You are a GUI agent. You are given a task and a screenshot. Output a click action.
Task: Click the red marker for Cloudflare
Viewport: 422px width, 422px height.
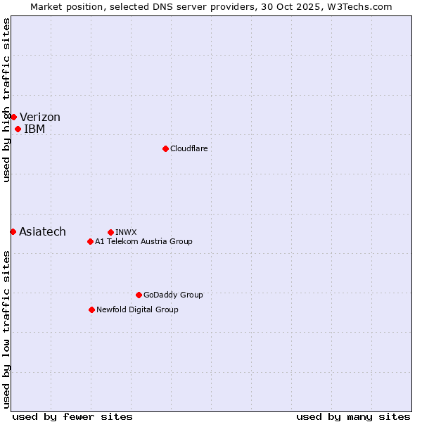coord(165,148)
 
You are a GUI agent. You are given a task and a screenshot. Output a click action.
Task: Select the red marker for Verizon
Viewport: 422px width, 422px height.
coord(13,117)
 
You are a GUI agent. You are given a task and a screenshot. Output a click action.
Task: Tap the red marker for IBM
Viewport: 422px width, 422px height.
coord(18,129)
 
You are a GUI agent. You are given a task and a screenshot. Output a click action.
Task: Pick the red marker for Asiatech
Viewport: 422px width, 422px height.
coord(13,231)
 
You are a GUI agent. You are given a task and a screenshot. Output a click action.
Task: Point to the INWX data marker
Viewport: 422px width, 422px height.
coord(110,232)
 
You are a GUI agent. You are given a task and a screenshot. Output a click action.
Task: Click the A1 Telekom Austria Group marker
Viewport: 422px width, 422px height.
coord(90,241)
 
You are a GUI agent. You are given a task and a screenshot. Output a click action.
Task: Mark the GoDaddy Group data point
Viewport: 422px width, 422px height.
coord(139,295)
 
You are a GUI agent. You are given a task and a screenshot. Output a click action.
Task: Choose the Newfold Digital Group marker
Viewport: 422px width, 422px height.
coord(91,309)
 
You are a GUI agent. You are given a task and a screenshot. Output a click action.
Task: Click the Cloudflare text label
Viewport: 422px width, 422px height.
coord(188,148)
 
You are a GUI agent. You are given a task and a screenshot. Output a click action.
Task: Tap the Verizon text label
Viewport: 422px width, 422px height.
coord(40,117)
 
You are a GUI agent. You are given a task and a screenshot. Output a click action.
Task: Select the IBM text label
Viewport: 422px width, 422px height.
coord(34,129)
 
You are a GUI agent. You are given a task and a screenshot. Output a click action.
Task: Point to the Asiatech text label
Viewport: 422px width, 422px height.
coord(42,232)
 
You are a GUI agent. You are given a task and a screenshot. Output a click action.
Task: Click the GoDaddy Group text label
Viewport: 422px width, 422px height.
coord(173,295)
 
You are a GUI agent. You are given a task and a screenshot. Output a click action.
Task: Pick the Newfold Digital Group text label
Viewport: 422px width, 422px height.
coord(137,309)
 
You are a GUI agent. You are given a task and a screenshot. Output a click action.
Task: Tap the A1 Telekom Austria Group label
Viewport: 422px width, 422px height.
coord(143,241)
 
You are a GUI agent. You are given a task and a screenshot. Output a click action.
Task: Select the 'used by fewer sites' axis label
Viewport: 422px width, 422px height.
coord(72,416)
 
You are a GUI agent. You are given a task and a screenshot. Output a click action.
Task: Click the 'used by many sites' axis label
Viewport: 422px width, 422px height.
coord(353,416)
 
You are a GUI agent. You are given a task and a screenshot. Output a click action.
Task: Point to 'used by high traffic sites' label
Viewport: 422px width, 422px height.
coord(6,100)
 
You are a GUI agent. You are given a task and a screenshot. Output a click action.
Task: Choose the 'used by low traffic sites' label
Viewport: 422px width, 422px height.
coord(6,329)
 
